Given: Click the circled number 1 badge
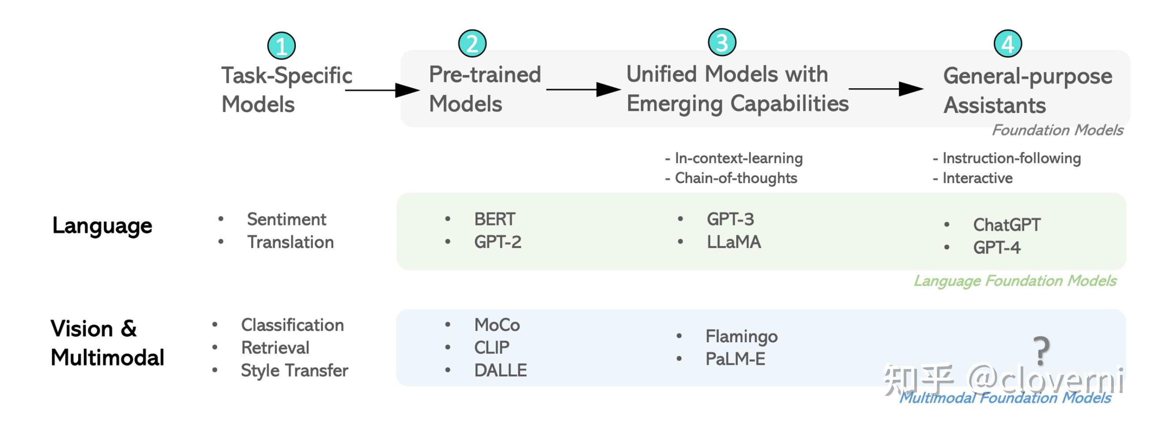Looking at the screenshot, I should click(281, 45).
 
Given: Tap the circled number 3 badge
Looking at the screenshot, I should click(722, 42).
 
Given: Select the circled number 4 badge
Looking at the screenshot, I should click(1007, 44).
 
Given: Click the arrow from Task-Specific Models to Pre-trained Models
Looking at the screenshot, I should click(382, 90).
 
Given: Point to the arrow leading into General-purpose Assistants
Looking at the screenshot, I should click(886, 89).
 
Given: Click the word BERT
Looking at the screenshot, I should click(494, 219).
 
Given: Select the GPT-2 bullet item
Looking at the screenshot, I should click(498, 242).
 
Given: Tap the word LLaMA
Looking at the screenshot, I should click(733, 242).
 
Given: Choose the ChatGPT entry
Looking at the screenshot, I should click(1007, 225).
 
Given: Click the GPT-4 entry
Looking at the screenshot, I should click(996, 247).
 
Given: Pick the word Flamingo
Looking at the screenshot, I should click(741, 336).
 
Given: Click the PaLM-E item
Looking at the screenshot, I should click(735, 359).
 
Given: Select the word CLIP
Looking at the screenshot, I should click(491, 348).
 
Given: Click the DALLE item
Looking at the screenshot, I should click(500, 370).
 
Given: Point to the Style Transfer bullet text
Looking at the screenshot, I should click(294, 371).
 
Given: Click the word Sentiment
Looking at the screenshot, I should click(286, 219).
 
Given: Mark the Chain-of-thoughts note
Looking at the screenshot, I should click(735, 178).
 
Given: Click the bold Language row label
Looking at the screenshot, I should click(102, 225).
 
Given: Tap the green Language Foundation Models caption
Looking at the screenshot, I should click(1014, 281).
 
